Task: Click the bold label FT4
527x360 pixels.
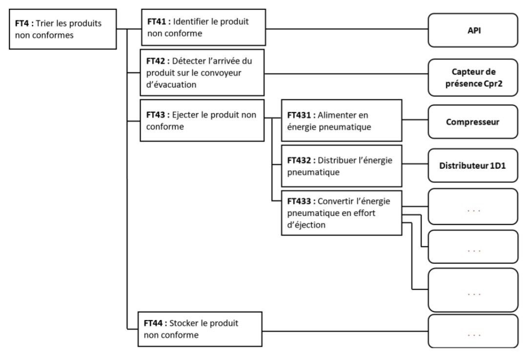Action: coord(22,23)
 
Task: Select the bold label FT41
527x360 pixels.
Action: coord(157,21)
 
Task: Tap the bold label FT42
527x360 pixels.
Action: coord(156,61)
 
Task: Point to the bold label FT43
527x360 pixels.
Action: coord(156,115)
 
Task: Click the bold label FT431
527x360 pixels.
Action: coord(299,115)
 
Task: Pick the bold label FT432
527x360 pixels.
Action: coord(299,160)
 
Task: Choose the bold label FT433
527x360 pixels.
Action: coord(299,201)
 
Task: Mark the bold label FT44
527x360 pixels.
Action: coord(153,323)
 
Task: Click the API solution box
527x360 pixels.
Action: coord(473,30)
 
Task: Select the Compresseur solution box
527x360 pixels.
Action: coord(473,121)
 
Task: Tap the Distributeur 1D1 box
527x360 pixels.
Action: coord(473,165)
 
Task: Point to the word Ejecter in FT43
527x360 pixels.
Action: coord(185,115)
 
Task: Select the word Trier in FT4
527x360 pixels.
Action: coord(45,23)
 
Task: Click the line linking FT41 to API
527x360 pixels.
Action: coord(347,29)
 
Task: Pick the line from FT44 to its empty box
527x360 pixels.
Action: coord(345,331)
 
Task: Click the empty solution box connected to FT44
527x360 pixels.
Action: coord(473,331)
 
